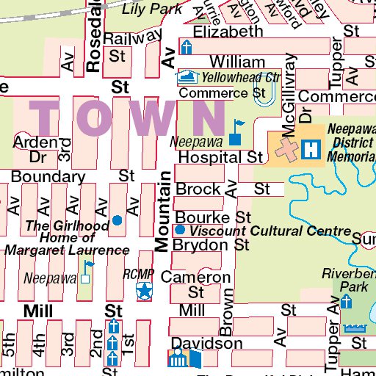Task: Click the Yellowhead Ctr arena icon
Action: (x=188, y=76)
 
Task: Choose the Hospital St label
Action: (x=220, y=157)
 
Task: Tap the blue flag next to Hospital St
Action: (x=236, y=131)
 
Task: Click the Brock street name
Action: (x=198, y=189)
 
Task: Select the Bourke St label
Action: (x=213, y=217)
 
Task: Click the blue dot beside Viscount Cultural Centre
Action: (x=181, y=231)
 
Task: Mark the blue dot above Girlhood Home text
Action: (x=117, y=220)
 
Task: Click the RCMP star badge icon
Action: (x=145, y=292)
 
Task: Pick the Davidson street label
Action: (x=206, y=343)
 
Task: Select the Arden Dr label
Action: (x=36, y=148)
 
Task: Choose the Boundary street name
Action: (x=48, y=176)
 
